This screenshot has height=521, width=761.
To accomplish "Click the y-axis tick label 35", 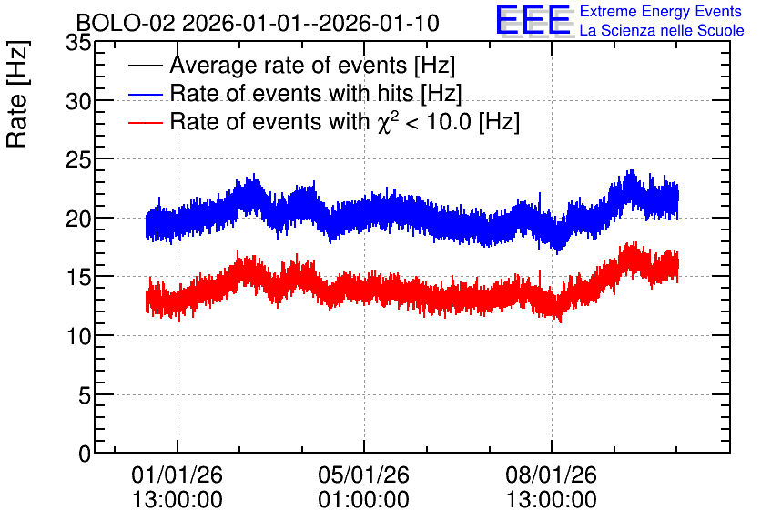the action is [78, 43].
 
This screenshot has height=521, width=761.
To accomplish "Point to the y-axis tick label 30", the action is [78, 102].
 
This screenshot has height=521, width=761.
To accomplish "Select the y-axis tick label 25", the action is [78, 160].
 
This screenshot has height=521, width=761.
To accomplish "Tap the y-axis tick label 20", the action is [78, 220].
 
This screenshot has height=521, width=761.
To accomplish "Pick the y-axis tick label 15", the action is [78, 278].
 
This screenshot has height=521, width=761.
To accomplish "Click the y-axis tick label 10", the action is [78, 337].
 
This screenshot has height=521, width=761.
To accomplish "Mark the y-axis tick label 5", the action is [85, 396].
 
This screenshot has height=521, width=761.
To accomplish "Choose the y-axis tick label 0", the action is [85, 455].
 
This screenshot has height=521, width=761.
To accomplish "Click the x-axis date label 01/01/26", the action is [178, 475].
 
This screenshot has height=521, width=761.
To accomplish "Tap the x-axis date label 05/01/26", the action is [363, 475].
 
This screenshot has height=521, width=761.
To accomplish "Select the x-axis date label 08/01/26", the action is [552, 475].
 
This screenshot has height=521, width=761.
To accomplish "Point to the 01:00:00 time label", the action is [363, 500].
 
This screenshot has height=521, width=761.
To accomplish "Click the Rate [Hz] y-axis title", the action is [17, 94].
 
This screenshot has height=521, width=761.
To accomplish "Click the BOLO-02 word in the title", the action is [126, 23].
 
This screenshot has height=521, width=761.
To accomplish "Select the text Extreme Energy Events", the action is [661, 11].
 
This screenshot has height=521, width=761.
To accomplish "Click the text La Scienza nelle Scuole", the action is [662, 31].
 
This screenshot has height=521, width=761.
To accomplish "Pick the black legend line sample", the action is [145, 65].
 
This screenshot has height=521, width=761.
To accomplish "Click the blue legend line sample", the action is [145, 94].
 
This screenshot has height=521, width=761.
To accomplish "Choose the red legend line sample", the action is [145, 122].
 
